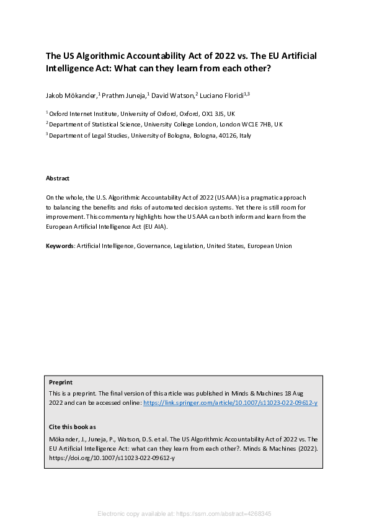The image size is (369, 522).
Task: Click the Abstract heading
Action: (58, 179)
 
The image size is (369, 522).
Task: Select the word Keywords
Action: (60, 246)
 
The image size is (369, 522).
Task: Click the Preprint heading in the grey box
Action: (60, 383)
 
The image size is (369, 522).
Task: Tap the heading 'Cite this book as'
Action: (72, 427)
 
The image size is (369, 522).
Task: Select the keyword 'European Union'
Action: (270, 246)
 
